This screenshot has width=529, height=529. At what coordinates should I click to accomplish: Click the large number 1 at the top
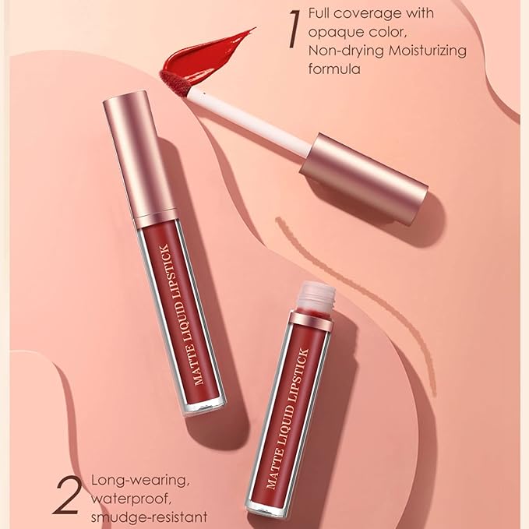click(294, 30)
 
